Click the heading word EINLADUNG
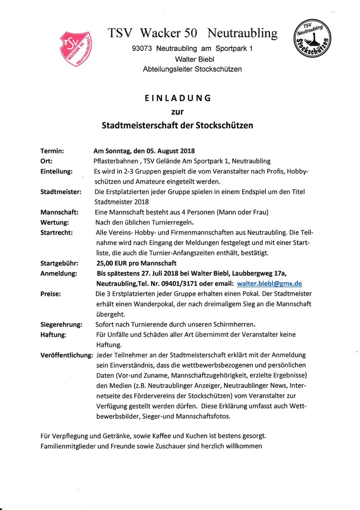(x=177, y=98)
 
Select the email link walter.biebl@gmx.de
(x=269, y=283)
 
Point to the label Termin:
(x=52, y=151)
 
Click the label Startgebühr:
(x=59, y=263)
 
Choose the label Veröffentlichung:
(x=66, y=355)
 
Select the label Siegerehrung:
(x=61, y=324)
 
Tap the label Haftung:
(x=53, y=334)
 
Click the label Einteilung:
(x=57, y=171)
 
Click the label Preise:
(x=51, y=294)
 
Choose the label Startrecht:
(x=57, y=232)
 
